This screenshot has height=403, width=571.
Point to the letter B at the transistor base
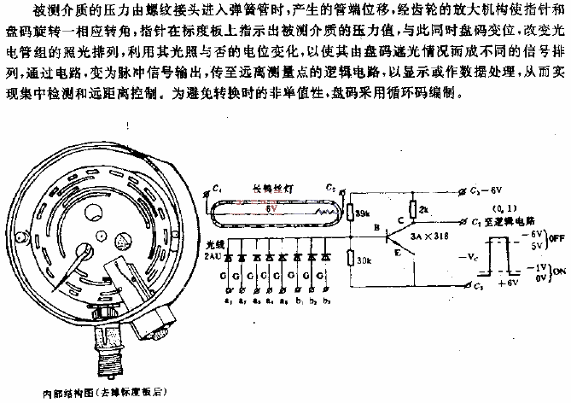click(376, 226)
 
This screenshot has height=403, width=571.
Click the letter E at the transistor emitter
click(398, 254)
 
